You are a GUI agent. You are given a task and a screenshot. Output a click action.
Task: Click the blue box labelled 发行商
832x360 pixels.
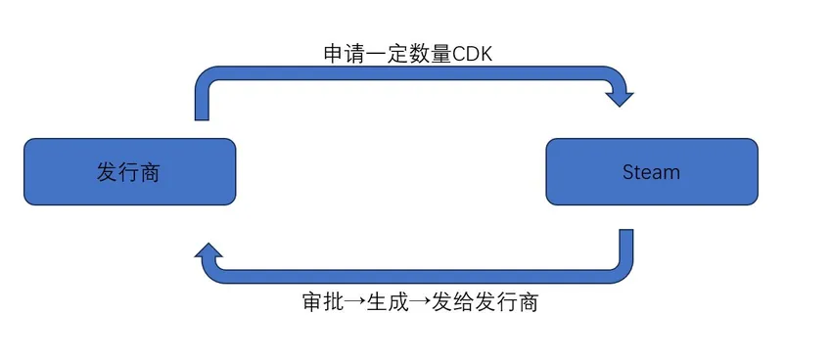coord(129,171)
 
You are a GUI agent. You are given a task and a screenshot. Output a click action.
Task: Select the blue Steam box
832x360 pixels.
coord(651,171)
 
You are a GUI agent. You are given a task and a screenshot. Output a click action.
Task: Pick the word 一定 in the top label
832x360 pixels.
coord(386,54)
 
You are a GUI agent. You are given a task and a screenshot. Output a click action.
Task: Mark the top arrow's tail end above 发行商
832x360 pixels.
coord(203,113)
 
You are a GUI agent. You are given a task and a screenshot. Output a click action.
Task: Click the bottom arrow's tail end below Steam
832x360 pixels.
coord(625,237)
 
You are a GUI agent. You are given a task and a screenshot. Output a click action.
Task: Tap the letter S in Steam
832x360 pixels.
coord(627,172)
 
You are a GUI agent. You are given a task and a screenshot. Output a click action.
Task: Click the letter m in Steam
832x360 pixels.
coord(672,173)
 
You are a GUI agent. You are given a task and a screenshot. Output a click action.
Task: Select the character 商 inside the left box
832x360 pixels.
coord(150,172)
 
